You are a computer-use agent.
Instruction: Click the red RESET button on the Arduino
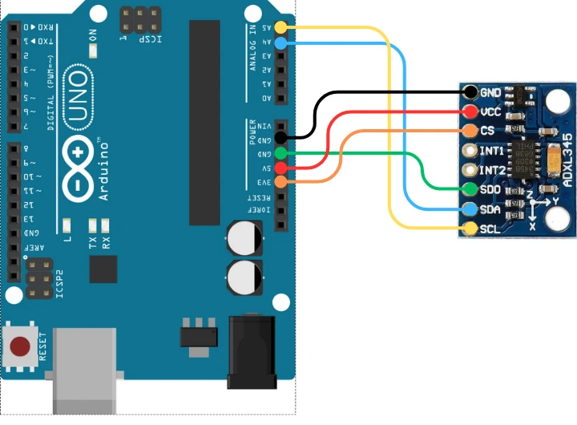(x=22, y=346)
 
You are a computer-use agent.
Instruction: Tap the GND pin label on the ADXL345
(x=490, y=93)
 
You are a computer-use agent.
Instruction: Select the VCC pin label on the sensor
(x=490, y=111)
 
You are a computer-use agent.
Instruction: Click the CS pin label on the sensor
(x=487, y=131)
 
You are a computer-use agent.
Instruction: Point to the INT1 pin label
(x=491, y=151)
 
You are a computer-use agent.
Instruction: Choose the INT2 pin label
(x=491, y=170)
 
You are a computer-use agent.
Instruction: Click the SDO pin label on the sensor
(x=490, y=189)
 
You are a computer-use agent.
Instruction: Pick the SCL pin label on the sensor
(x=490, y=229)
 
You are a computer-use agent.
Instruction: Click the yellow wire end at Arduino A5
(x=280, y=28)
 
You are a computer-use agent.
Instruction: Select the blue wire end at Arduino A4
(x=280, y=42)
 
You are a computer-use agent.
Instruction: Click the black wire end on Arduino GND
(x=280, y=139)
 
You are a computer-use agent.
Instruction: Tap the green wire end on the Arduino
(x=280, y=153)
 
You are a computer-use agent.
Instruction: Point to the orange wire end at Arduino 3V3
(x=280, y=182)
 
